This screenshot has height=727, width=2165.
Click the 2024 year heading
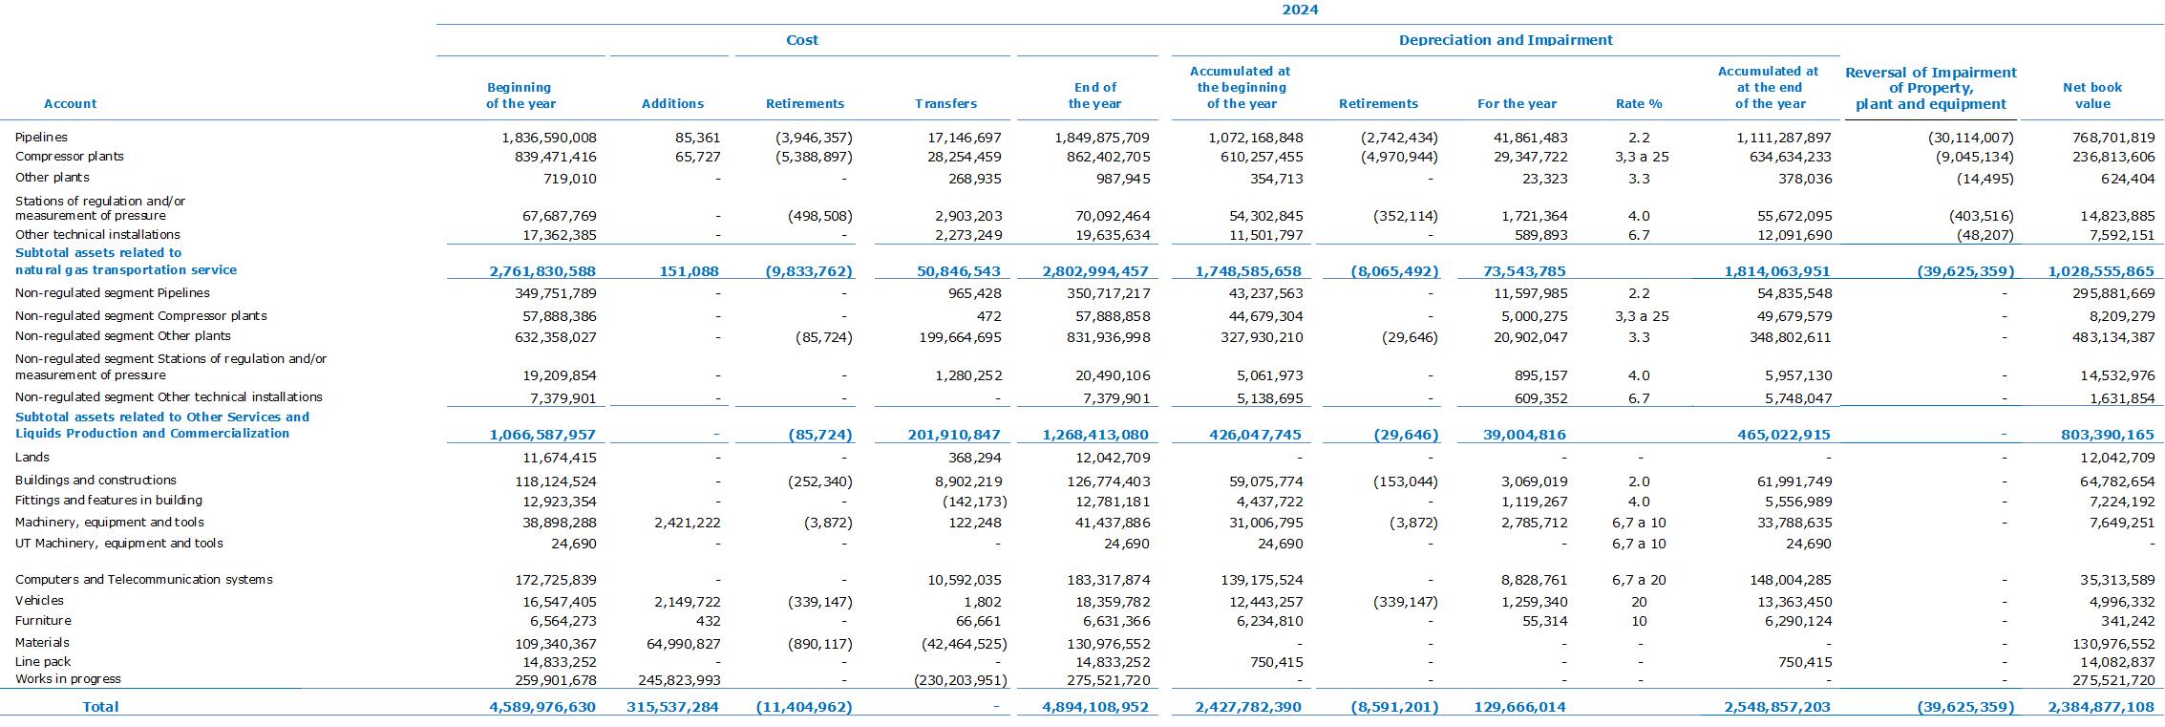[x=1300, y=10]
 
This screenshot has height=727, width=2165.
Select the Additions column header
[x=672, y=103]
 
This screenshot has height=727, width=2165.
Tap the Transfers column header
[x=945, y=103]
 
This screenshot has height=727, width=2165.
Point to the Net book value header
[x=2092, y=96]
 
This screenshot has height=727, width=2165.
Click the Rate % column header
[x=1639, y=103]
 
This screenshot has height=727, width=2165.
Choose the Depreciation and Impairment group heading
[x=1505, y=40]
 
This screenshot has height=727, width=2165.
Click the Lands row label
[x=32, y=458]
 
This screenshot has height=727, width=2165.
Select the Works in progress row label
[x=68, y=679]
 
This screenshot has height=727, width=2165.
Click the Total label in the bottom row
[x=100, y=707]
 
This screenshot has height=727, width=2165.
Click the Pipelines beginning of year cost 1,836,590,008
[x=549, y=138]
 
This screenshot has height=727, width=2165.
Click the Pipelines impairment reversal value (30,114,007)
[x=1970, y=138]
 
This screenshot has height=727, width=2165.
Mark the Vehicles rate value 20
[x=1639, y=602]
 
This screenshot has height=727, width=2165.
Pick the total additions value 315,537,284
[x=672, y=707]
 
